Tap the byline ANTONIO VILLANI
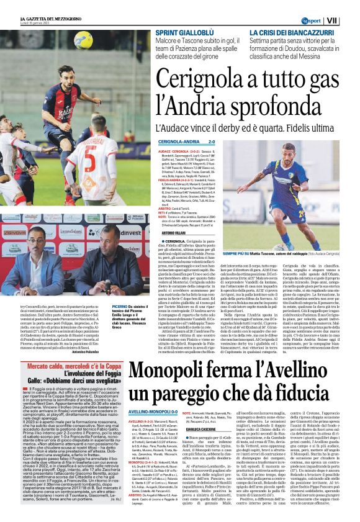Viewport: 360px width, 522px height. (170, 233)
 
